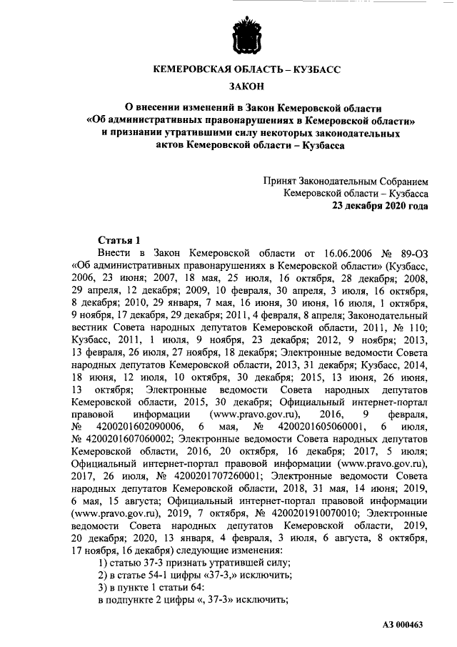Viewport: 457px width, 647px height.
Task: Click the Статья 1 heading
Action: click(x=119, y=240)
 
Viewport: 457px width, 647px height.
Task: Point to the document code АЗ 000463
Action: click(x=403, y=626)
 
